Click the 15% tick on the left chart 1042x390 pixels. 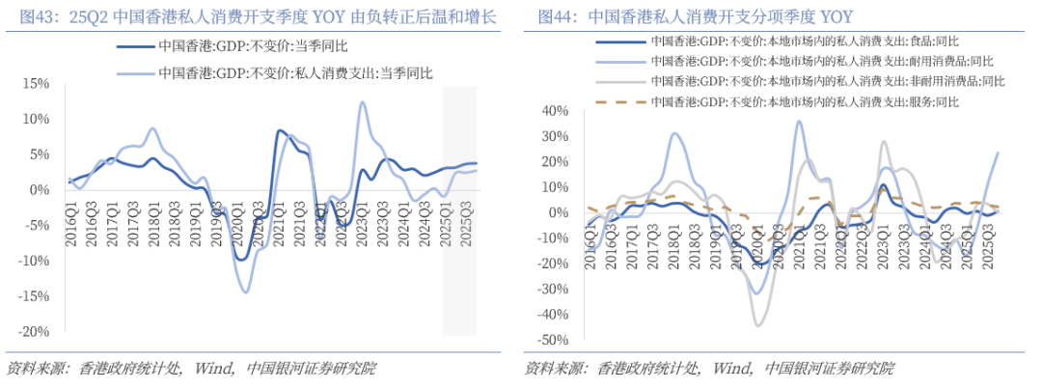point(36,83)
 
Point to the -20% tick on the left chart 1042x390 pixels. point(34,331)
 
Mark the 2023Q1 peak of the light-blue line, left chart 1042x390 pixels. point(362,102)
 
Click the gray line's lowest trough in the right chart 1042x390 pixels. point(758,325)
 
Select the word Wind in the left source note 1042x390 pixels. point(213,368)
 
